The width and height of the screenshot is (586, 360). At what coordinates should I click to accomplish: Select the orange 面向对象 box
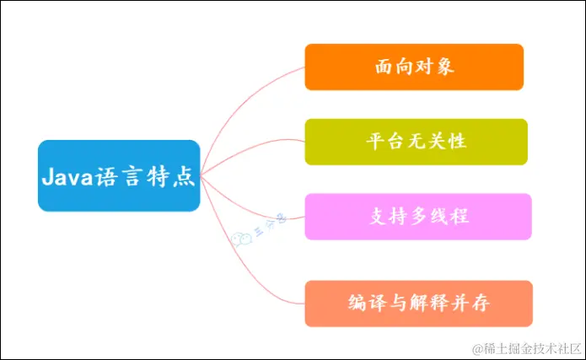coord(414,67)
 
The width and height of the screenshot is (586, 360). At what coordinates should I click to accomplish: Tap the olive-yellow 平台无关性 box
coord(416,141)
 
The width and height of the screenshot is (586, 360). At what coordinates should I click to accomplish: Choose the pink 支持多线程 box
coord(418,216)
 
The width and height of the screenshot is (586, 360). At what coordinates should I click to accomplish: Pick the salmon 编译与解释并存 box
coord(418,303)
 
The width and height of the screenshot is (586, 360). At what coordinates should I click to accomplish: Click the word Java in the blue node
coord(66,177)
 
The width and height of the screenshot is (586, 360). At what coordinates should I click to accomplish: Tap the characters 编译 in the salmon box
coord(364,303)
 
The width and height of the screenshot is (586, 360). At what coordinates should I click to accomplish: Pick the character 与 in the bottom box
coord(397,303)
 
